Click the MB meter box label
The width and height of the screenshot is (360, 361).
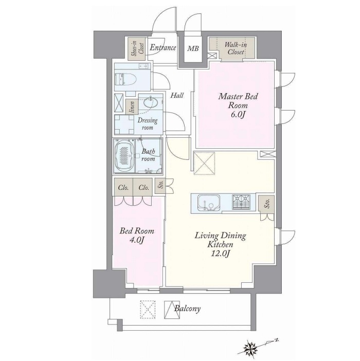coord(193,48)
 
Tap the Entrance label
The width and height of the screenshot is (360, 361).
coord(163,48)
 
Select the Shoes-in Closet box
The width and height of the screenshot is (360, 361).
coord(137,49)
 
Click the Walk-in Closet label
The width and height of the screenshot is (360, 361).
coord(236,48)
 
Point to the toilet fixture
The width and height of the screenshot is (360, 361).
coord(125,79)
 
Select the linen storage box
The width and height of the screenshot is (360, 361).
coord(132,107)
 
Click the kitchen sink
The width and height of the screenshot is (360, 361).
coord(209,203)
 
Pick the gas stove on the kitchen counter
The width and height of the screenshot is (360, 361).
coord(241,202)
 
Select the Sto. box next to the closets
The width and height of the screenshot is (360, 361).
coord(160,186)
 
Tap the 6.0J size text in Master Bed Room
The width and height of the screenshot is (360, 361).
coord(238,115)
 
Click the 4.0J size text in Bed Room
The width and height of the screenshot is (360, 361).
coord(137,240)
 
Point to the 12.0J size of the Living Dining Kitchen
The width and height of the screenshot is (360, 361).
coord(220,254)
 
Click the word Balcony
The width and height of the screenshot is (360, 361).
coord(187,308)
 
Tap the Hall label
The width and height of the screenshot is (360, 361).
coord(177,95)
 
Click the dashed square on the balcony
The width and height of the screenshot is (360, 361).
coord(148,309)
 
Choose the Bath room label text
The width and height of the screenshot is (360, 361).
coord(148,155)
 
